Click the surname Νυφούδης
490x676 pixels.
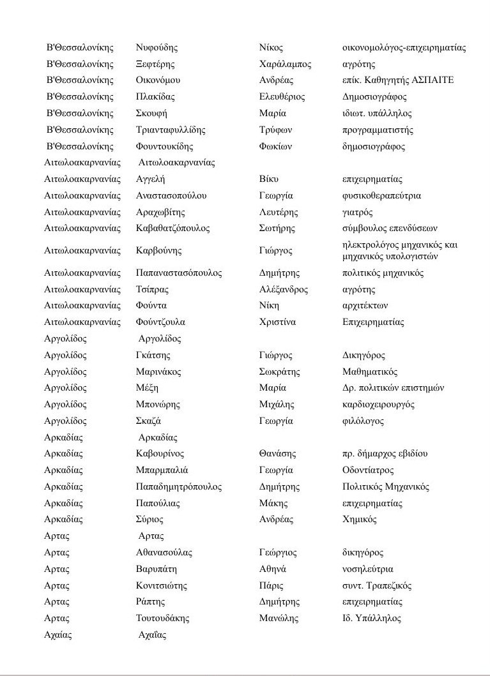point(157,48)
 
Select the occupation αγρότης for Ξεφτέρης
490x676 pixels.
point(359,64)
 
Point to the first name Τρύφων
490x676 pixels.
point(276,130)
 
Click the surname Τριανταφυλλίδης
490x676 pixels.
point(171,130)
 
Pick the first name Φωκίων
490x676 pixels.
point(276,147)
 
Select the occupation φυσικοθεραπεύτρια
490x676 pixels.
point(382,196)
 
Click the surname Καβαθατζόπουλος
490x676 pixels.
point(172,229)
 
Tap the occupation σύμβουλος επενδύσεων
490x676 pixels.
point(390,229)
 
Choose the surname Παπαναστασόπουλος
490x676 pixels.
point(179,273)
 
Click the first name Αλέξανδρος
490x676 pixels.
point(284,290)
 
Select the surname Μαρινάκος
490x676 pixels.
point(158,372)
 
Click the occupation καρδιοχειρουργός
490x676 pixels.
point(379,405)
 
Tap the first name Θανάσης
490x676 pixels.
point(278,454)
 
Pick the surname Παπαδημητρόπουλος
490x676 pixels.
point(179,487)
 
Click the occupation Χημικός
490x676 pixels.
point(360,520)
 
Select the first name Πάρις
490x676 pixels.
point(272,586)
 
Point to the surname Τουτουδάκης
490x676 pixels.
point(163,619)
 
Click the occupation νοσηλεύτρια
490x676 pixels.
point(368,569)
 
